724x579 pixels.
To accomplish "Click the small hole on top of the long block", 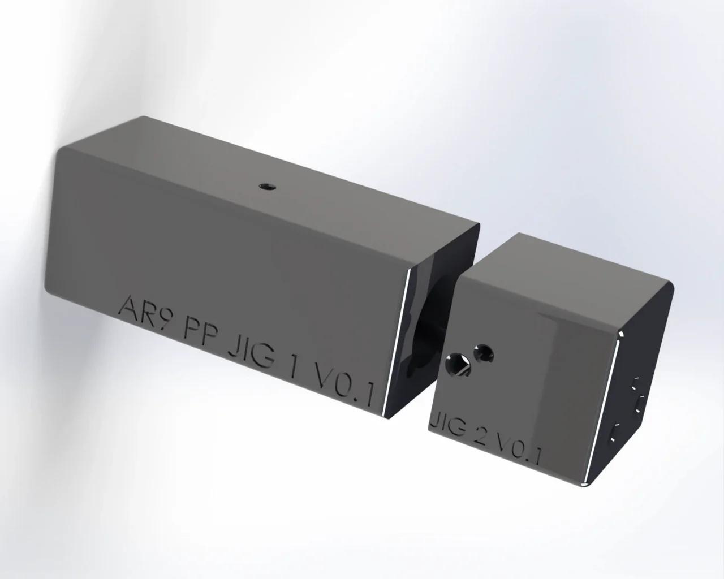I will tap(264, 185).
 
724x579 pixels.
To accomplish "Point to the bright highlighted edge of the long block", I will tap(399, 345).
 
